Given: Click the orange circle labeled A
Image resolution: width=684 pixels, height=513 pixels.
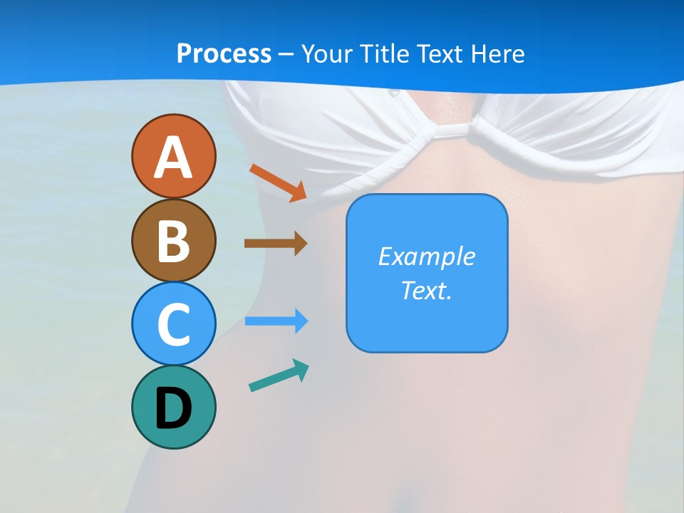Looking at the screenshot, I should [x=173, y=157].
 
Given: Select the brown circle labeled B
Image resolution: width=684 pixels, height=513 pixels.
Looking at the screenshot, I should [x=173, y=240].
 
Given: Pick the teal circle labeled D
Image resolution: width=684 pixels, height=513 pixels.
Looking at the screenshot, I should [x=173, y=407].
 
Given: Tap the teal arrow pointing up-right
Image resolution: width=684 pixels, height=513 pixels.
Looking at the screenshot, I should [x=279, y=375].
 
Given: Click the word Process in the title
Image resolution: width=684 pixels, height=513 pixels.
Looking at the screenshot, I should [x=224, y=53].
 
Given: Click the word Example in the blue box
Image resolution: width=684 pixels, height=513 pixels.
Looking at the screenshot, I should [x=427, y=256].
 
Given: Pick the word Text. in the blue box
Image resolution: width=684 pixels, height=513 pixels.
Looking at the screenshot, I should [x=427, y=290].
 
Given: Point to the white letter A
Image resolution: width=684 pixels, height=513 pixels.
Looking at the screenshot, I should [x=173, y=157].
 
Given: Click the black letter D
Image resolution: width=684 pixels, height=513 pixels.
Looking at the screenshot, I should [x=173, y=408].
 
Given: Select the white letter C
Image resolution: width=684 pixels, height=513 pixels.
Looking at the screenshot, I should [x=173, y=324].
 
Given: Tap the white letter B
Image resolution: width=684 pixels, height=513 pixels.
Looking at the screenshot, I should [x=173, y=242].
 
